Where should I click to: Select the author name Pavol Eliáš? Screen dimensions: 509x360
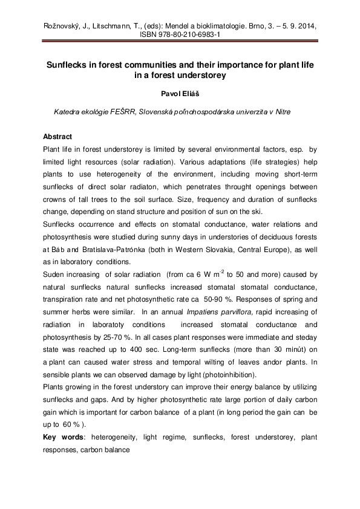[x=180, y=94]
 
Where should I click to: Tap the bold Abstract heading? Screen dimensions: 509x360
[x=57, y=137]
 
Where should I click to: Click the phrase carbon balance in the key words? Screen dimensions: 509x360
[x=105, y=450]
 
